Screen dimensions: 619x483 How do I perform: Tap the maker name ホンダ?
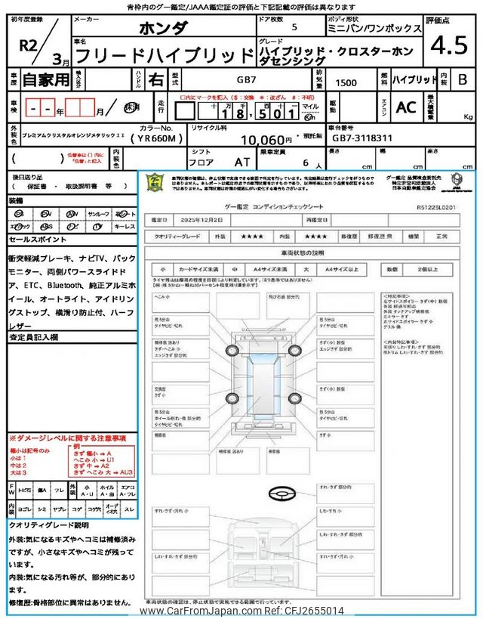coord(165,29)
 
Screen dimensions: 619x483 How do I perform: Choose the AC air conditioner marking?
coord(406,107)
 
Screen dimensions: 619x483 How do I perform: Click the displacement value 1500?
coord(347,79)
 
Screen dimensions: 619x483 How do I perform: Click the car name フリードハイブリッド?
coord(164,55)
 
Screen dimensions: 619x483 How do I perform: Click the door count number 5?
coord(294,29)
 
